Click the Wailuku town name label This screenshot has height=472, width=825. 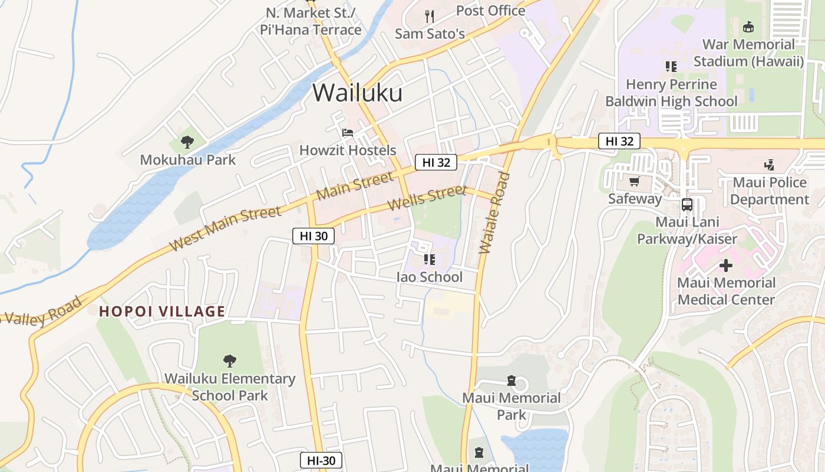357,93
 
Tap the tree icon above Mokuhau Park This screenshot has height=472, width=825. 187,142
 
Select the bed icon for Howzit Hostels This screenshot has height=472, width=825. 348,132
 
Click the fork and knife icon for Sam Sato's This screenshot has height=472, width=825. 430,16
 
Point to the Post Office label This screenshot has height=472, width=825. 490,11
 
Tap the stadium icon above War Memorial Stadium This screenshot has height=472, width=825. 748,27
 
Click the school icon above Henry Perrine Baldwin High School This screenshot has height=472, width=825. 671,67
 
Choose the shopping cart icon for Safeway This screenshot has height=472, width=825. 634,181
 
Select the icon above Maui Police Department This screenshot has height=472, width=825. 769,165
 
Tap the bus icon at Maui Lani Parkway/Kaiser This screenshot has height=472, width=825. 687,205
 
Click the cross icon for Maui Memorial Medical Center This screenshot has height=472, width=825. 726,265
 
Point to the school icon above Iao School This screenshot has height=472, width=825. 430,259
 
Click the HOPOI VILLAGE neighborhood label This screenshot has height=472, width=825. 162,312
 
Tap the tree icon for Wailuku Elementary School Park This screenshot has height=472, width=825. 230,360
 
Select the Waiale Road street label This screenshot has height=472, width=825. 494,212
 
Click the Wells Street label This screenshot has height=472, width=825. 427,198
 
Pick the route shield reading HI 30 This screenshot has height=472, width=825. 313,236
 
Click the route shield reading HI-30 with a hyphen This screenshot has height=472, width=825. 321,460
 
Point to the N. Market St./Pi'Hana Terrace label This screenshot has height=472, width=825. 311,21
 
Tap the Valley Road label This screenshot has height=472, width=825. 41,313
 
